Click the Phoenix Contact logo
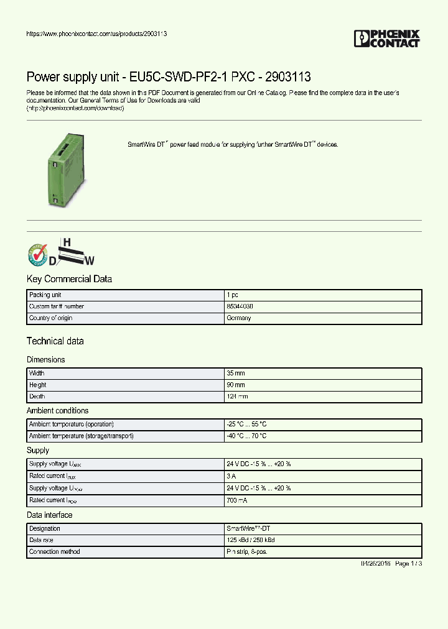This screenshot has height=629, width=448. [387, 39]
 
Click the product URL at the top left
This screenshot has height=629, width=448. [96, 34]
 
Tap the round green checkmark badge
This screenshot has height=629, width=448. [38, 254]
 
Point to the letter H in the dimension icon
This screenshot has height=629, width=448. [67, 241]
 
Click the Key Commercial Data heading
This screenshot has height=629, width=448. [69, 279]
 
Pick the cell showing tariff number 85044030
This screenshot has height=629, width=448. [240, 306]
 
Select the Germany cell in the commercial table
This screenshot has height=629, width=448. [239, 318]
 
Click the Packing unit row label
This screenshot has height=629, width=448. [45, 295]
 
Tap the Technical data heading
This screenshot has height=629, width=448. [55, 341]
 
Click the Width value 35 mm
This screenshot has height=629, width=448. [236, 374]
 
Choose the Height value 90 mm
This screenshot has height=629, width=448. [236, 385]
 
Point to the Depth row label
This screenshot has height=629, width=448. [37, 397]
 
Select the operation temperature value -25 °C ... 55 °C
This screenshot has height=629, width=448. [247, 424]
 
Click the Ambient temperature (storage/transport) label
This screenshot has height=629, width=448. [82, 436]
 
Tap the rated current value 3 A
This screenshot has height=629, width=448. [231, 477]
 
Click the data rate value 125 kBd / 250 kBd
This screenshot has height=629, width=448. [251, 540]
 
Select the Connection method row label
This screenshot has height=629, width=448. [55, 552]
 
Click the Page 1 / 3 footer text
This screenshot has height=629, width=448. [409, 564]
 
